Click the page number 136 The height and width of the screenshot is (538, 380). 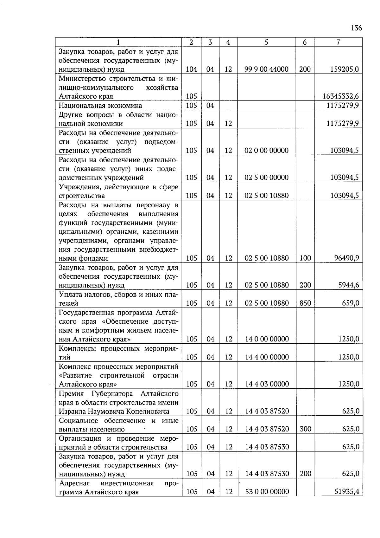coord(356,28)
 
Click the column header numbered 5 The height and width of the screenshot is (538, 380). coord(266,42)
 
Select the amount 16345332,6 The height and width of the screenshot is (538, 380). coord(341,96)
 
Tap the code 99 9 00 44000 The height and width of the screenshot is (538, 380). coord(266,69)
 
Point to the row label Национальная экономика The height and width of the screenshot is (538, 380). coord(100,106)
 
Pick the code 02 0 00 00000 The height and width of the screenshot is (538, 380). coord(266,151)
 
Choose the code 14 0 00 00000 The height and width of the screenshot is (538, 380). coord(267,339)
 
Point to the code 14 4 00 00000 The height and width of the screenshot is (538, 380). coord(267,357)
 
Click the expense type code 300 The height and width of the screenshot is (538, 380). coord(305,429)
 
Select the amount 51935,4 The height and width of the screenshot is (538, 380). coord(347,492)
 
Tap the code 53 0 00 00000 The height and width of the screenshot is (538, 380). coord(267,492)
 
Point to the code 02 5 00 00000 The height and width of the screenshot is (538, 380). coord(266,178)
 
